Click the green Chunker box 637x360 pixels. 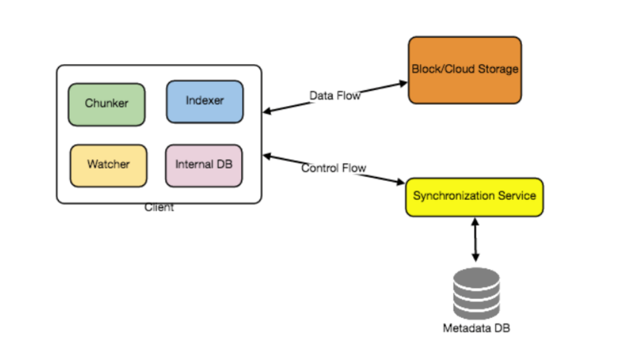[x=107, y=104]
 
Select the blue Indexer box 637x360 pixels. [x=205, y=101]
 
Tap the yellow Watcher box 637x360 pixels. [x=108, y=165]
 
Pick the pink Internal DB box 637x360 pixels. [x=204, y=165]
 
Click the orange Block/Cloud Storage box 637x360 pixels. [x=465, y=70]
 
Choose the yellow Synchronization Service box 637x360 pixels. [x=474, y=197]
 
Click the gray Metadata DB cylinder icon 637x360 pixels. [x=476, y=294]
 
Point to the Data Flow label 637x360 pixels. [x=335, y=95]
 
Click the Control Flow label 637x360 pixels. [x=334, y=168]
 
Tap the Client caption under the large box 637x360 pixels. [x=160, y=207]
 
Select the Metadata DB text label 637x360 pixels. [x=476, y=328]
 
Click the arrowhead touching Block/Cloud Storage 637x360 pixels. [x=404, y=84]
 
